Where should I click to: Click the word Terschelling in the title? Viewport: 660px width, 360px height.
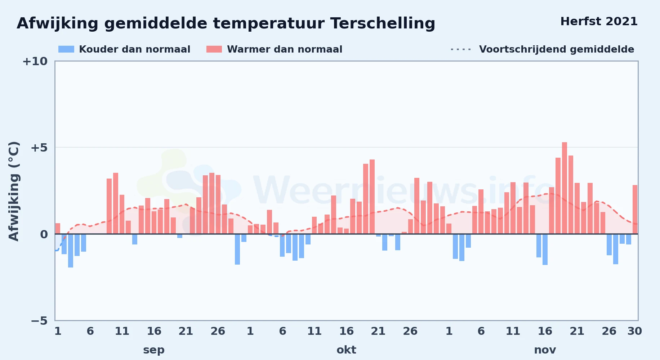click(x=382, y=23)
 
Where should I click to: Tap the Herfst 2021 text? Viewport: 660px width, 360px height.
click(x=599, y=21)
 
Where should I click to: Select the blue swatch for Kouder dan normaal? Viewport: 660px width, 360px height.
click(x=66, y=49)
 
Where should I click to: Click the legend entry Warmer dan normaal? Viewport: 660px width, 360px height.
click(x=285, y=49)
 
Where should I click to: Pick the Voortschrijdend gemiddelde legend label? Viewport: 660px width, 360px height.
click(x=557, y=49)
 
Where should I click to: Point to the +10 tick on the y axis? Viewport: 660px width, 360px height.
click(x=35, y=61)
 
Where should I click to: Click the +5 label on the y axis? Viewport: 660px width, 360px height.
click(x=39, y=148)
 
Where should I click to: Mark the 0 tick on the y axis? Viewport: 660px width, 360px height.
click(x=44, y=234)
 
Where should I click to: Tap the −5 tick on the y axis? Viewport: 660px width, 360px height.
click(x=39, y=320)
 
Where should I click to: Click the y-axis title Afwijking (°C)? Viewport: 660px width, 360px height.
click(x=14, y=191)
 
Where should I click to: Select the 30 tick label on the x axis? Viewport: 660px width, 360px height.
click(x=634, y=331)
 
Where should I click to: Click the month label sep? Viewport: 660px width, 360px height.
click(x=154, y=350)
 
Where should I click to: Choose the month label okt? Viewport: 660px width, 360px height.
click(x=346, y=350)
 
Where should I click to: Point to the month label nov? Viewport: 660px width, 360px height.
click(x=545, y=350)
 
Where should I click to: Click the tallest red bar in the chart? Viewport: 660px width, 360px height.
click(x=564, y=188)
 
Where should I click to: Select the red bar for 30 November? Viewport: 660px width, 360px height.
click(x=635, y=210)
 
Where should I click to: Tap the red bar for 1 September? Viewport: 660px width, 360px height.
click(x=58, y=229)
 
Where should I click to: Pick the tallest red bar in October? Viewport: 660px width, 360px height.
click(x=372, y=197)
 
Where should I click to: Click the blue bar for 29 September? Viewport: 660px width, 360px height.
click(x=237, y=249)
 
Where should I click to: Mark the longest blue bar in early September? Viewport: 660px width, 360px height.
click(x=71, y=251)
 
